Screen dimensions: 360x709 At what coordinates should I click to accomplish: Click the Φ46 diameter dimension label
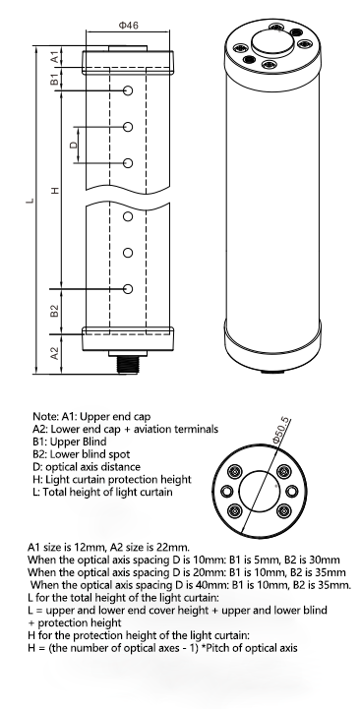pos(129,26)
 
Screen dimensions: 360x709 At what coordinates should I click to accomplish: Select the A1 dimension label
pos(54,57)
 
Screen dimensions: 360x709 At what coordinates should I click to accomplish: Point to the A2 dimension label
pos(54,353)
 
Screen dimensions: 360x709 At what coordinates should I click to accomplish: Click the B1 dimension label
pos(54,79)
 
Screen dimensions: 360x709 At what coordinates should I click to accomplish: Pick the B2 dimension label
pos(54,311)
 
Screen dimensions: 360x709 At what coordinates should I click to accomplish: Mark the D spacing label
pos(73,146)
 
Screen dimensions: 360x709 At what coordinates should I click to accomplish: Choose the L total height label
pos(30,200)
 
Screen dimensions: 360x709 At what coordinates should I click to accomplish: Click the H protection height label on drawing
pos(55,191)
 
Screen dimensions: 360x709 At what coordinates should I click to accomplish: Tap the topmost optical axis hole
pos(128,90)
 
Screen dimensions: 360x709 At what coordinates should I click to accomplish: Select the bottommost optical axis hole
pos(128,288)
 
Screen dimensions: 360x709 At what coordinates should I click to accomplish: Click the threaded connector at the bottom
pos(128,364)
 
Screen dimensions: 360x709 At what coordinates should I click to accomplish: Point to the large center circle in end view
pos(259,490)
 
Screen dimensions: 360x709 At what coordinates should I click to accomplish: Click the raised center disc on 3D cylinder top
pos(271,42)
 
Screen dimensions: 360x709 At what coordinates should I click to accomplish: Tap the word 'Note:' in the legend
pos(45,416)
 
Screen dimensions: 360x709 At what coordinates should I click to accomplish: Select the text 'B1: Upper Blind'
pos(70,442)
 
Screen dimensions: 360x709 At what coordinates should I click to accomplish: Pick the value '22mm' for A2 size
pos(174,547)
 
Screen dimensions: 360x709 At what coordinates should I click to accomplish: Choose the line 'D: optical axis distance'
pos(87,467)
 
